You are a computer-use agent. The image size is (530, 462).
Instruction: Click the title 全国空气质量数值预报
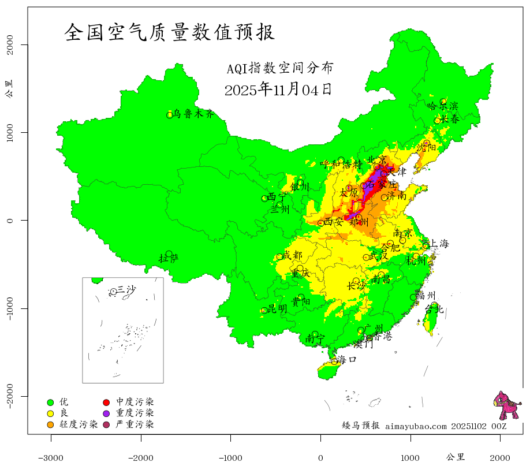pos(170,32)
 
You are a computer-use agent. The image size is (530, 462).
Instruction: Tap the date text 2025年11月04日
pos(278,90)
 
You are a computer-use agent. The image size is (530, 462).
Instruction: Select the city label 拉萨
pos(169,258)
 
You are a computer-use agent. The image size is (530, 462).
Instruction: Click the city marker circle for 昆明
pos(264,310)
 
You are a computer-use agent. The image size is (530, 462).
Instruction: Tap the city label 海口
pos(347,359)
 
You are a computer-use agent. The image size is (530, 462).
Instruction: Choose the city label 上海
pos(439,244)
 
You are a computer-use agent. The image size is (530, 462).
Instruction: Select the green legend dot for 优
pos(50,402)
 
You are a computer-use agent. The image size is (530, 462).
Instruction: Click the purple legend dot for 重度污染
pos(107,413)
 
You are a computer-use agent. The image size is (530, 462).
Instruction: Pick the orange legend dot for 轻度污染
pos(50,425)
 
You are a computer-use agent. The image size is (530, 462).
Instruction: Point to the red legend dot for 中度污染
pos(107,402)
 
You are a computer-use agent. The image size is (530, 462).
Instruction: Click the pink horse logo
pos(506,406)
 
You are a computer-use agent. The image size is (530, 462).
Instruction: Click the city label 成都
pos(292,255)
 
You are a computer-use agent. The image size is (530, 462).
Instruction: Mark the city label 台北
pos(434,310)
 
